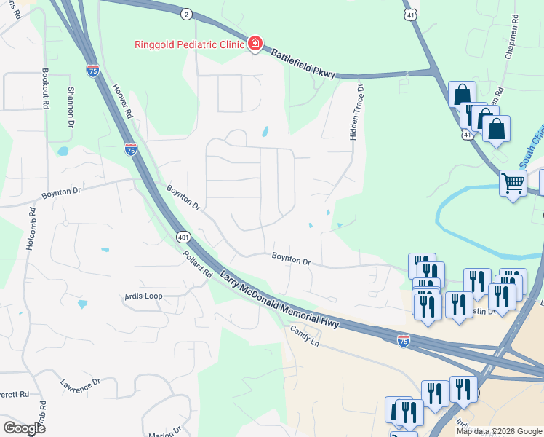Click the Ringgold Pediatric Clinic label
point(188,44)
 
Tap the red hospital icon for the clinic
point(255,44)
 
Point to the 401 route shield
point(183,237)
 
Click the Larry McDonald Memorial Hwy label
point(280,299)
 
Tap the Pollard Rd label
point(197,264)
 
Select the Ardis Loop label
point(143,296)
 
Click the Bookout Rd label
point(45,90)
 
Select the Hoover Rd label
point(121,101)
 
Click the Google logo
point(24,428)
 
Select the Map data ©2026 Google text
point(499,431)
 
